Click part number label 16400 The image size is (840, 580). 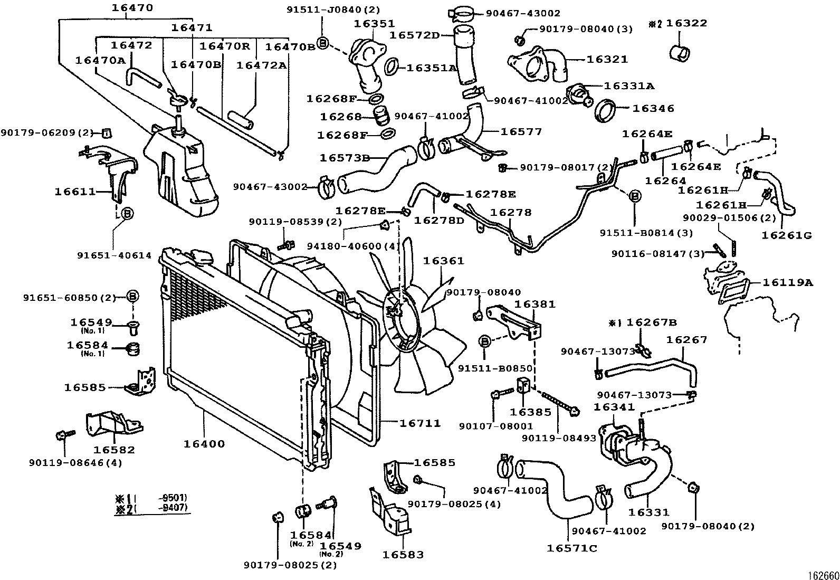(x=204, y=444)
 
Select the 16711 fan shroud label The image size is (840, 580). (x=420, y=423)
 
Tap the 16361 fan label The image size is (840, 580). (x=443, y=261)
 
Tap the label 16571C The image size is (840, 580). (x=572, y=548)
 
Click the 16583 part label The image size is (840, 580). (x=403, y=555)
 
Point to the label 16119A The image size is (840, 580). (x=787, y=282)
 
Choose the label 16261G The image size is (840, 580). (x=786, y=235)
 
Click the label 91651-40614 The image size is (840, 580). (x=114, y=255)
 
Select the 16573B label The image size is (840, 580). (x=345, y=157)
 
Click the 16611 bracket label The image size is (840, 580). (x=75, y=192)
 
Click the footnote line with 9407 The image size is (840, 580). (x=152, y=509)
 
